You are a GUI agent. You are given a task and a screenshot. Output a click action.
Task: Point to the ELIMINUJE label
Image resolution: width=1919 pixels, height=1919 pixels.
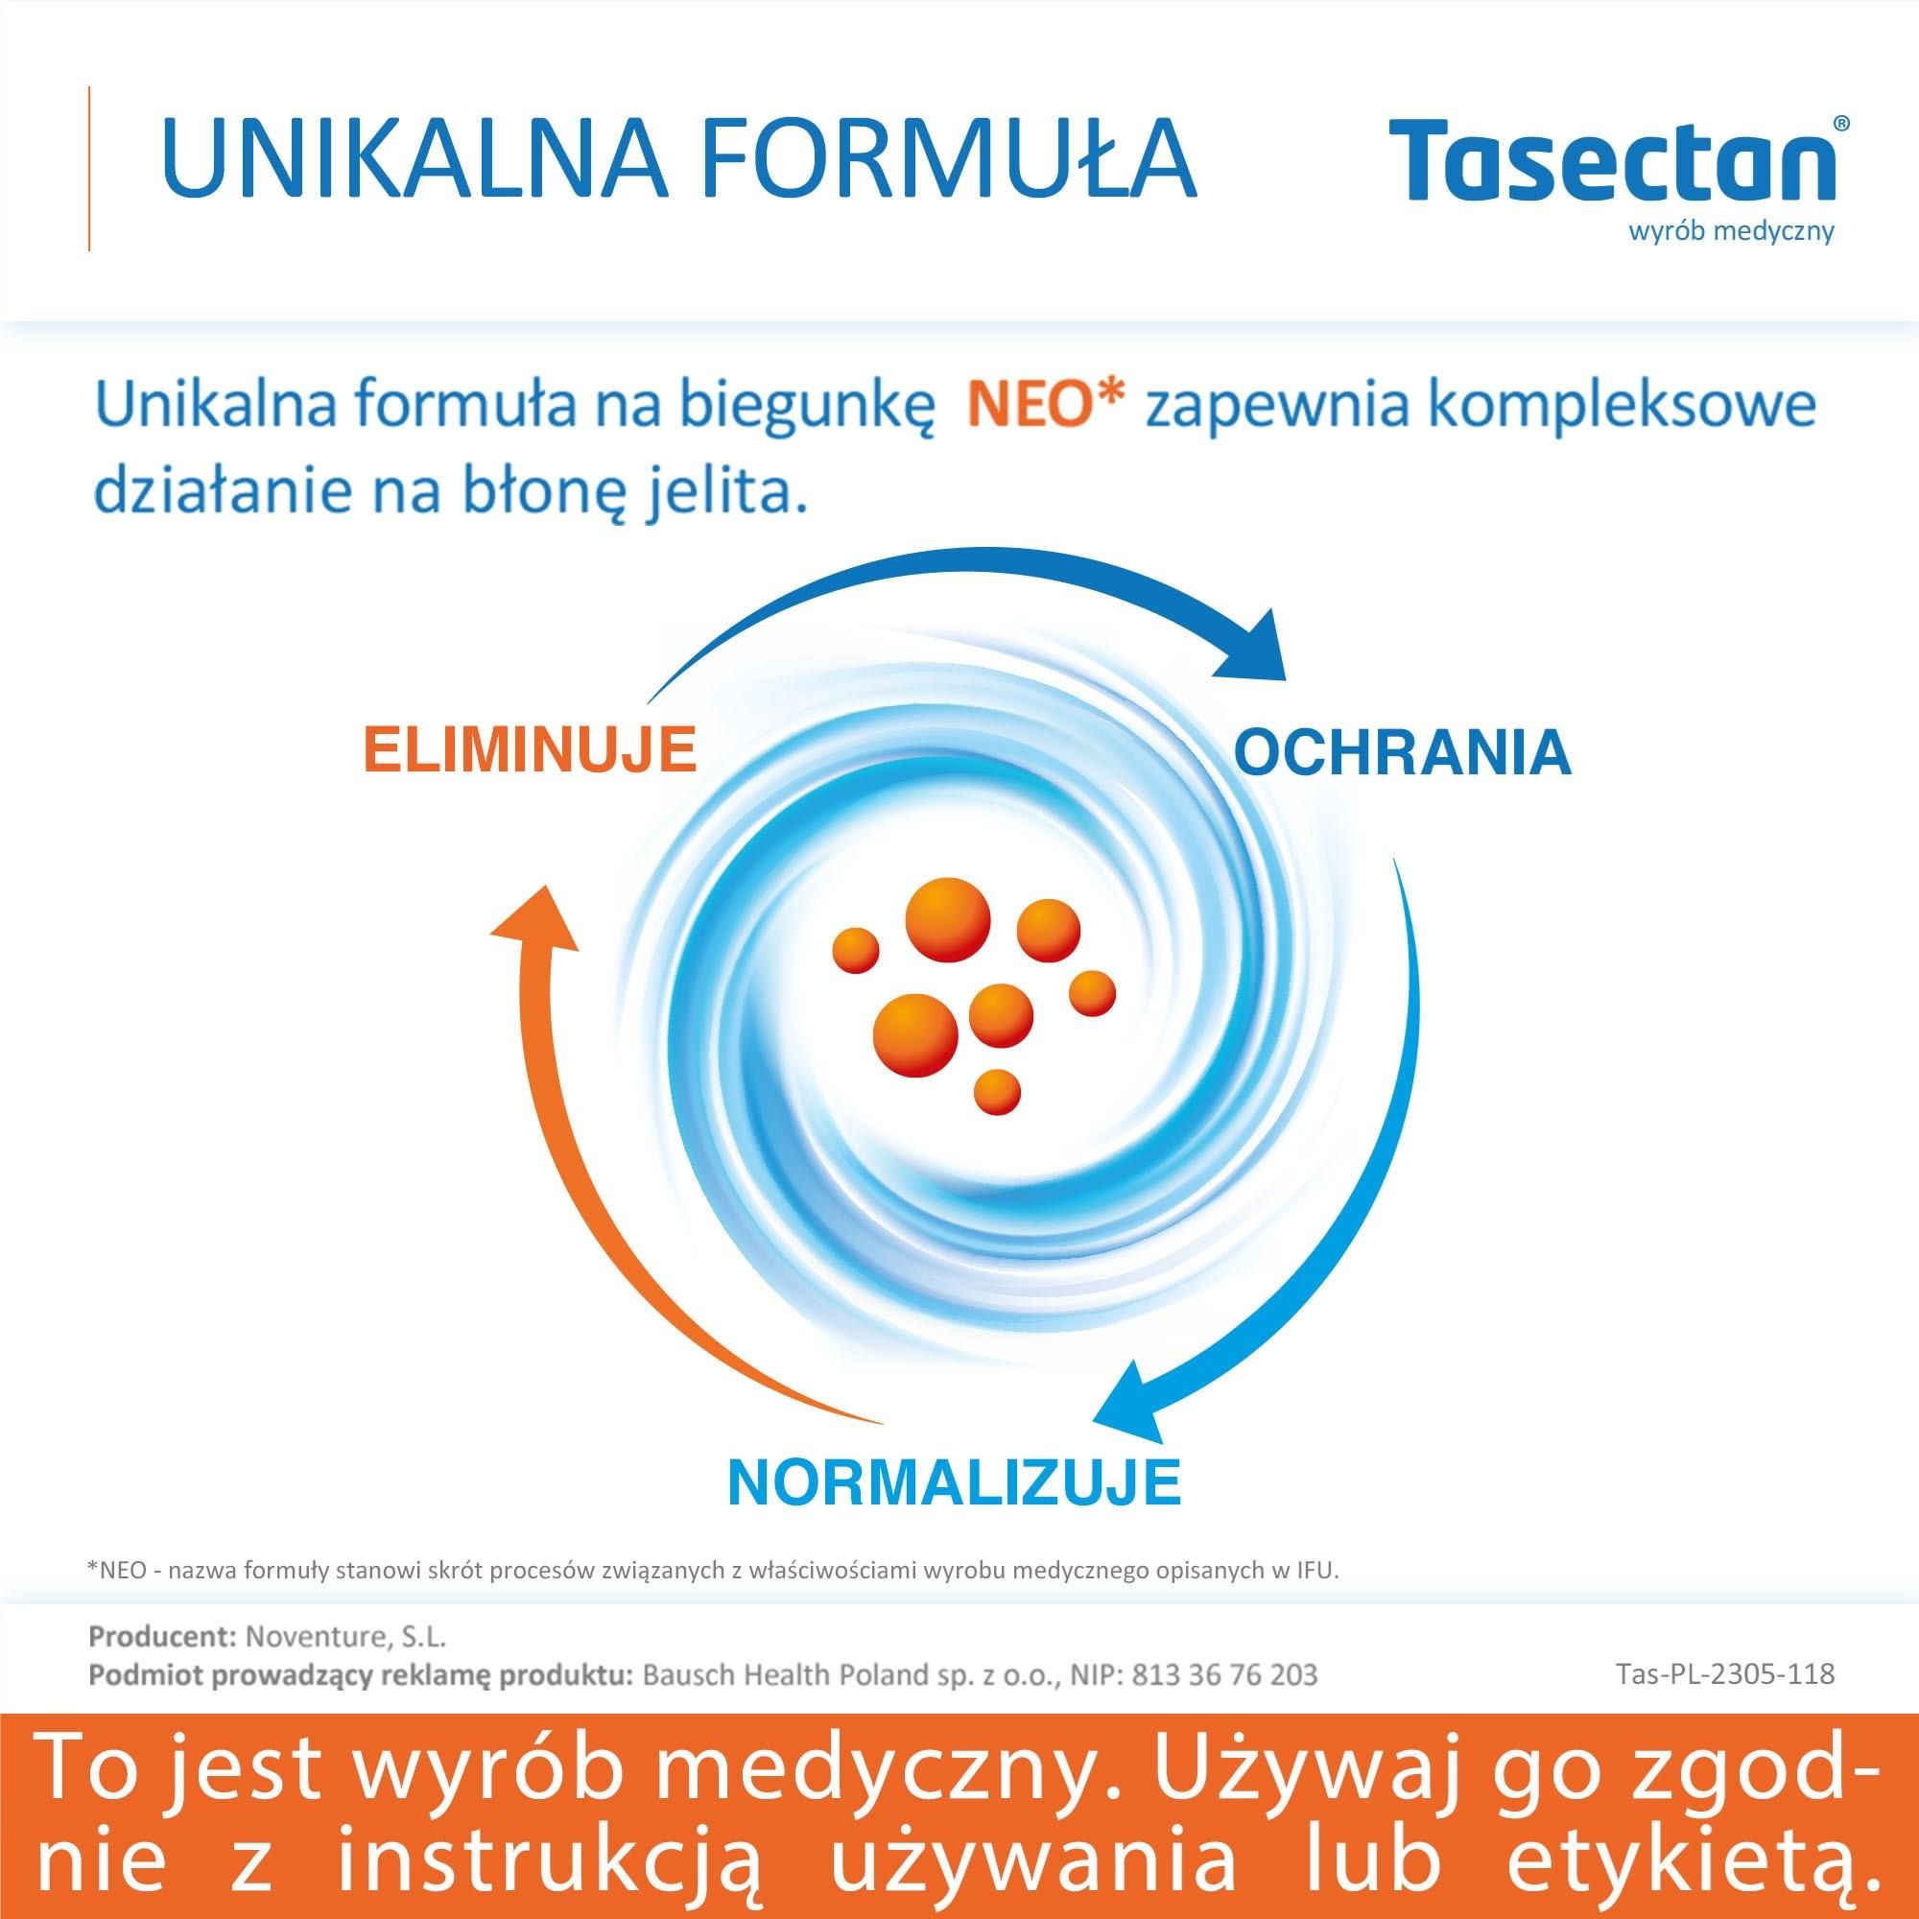click(530, 751)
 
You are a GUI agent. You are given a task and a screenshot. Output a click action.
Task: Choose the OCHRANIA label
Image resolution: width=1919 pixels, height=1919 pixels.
click(1403, 752)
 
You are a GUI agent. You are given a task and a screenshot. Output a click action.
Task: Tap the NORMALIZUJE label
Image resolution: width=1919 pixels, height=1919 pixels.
click(955, 1511)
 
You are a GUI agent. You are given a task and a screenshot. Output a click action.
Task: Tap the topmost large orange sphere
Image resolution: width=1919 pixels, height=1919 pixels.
click(948, 920)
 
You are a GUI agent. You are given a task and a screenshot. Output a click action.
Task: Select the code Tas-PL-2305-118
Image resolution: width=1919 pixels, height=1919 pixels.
click(1725, 1673)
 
